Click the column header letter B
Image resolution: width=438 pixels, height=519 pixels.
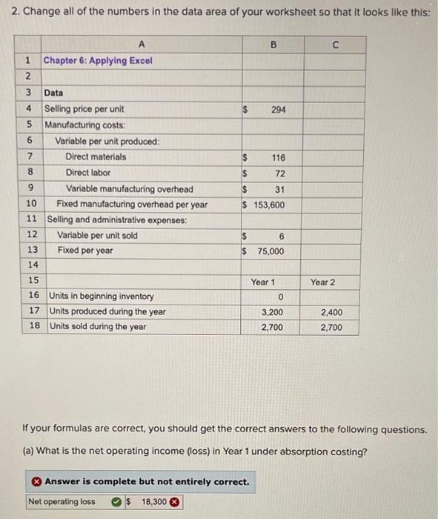coord(272,44)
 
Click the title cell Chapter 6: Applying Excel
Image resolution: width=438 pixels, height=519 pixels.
coord(98,60)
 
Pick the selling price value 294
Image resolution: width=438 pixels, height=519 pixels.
coord(278,109)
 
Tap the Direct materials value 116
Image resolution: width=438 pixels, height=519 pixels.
coord(278,157)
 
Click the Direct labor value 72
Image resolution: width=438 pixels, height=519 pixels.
coord(280,173)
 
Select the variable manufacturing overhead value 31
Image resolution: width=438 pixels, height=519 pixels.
coord(280,189)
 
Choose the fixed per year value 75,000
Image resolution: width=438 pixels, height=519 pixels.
coord(271,251)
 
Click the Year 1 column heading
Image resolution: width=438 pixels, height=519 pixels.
coord(262,282)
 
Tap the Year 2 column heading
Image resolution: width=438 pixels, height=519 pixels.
coord(322,282)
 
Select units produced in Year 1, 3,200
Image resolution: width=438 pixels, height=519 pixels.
coord(271,312)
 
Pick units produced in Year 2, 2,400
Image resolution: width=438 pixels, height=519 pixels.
coord(331,312)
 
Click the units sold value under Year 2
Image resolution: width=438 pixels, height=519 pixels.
coord(331,327)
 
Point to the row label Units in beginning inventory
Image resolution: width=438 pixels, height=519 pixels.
coord(101,297)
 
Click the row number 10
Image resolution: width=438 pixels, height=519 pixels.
coord(31,204)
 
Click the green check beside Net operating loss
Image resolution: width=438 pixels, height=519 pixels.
coord(117,502)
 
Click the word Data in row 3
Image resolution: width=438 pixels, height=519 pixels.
coord(53,93)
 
